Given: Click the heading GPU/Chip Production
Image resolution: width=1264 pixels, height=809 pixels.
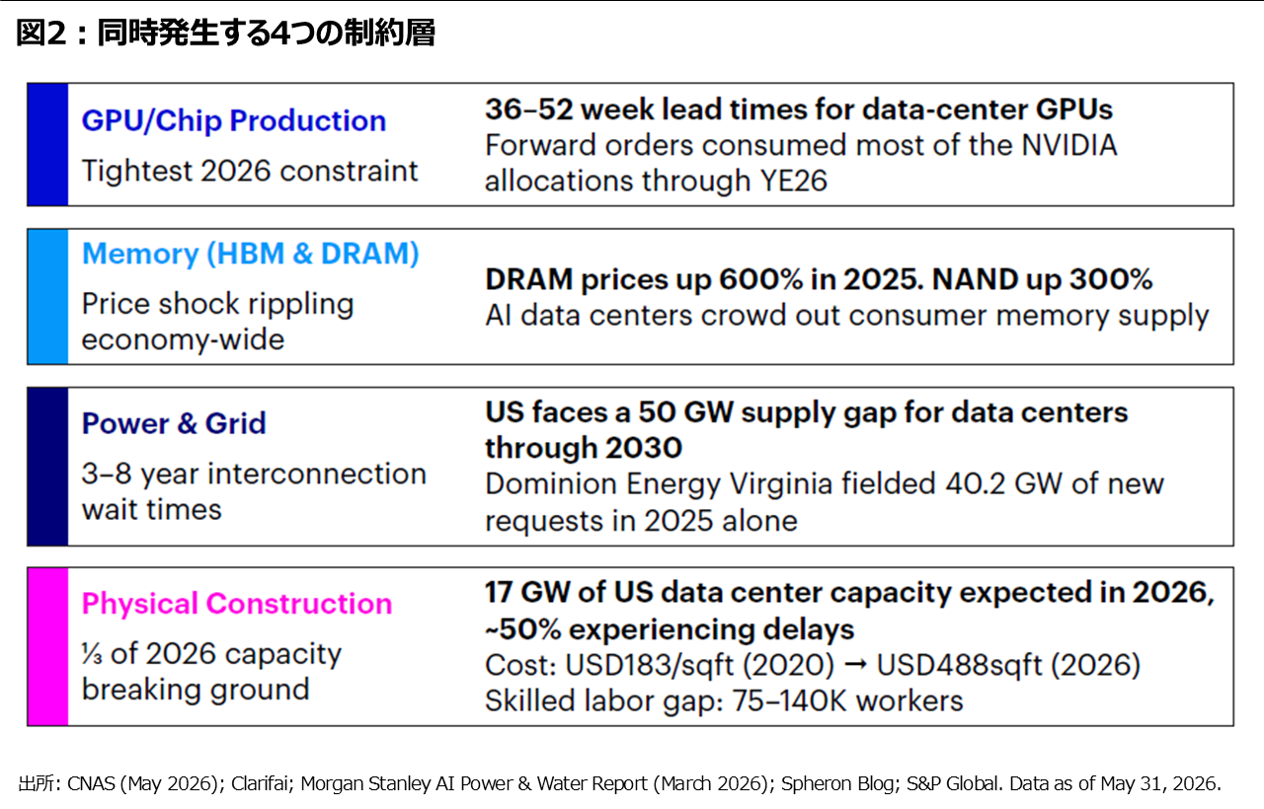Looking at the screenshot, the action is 234,121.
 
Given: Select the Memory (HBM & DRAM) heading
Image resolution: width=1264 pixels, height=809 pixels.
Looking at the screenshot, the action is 251,254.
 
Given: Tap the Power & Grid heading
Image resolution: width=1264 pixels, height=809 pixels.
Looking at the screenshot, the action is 174,423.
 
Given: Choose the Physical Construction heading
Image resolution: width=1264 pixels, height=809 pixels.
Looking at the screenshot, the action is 237,604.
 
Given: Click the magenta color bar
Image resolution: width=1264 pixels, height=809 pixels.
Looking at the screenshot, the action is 48,646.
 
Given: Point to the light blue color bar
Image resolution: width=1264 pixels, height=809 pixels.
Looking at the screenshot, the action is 48,297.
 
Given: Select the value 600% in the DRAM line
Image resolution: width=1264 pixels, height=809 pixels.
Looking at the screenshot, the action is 760,279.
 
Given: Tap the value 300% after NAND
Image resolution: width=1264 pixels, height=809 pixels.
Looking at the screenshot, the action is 1111,279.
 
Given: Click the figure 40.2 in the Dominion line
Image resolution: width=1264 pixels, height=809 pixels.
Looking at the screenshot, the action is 975,484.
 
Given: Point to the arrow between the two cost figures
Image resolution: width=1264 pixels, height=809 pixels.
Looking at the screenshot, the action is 856,665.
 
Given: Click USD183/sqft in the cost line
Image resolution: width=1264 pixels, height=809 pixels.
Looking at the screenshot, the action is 649,666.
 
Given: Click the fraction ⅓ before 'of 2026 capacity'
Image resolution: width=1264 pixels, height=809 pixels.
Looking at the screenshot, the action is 92,654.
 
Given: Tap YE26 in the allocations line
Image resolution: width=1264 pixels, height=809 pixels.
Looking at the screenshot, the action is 793,182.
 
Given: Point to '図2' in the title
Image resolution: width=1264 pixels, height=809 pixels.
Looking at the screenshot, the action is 41,33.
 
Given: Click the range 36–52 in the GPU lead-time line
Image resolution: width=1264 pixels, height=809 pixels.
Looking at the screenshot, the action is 528,110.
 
